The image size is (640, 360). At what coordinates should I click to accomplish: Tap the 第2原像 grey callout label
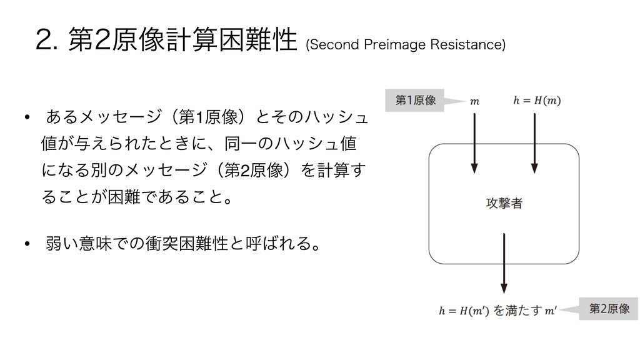(608, 309)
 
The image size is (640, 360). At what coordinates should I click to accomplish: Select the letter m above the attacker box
(474, 101)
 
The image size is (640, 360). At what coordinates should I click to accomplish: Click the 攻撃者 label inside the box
(504, 204)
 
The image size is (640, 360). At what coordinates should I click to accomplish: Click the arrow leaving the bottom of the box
(504, 262)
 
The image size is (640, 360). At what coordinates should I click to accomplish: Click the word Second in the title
(329, 46)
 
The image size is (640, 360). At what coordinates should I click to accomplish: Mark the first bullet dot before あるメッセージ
(27, 118)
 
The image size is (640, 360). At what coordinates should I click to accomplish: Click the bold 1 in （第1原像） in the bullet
(198, 118)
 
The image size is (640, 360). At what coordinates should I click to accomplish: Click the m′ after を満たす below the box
(551, 310)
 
